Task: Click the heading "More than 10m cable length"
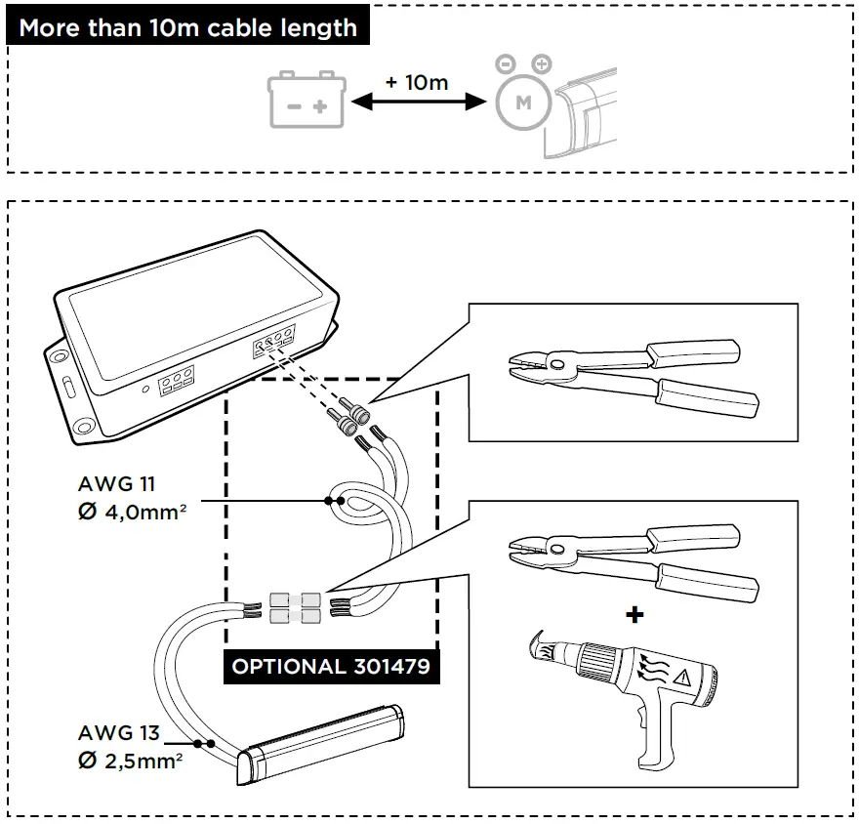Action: click(x=188, y=26)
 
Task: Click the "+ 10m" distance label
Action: click(x=417, y=82)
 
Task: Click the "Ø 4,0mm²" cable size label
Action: click(x=133, y=511)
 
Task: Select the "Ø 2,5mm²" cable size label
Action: click(x=133, y=762)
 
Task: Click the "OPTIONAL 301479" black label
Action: click(x=331, y=668)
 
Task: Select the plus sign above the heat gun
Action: click(x=635, y=615)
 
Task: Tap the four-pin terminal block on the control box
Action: click(x=274, y=344)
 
